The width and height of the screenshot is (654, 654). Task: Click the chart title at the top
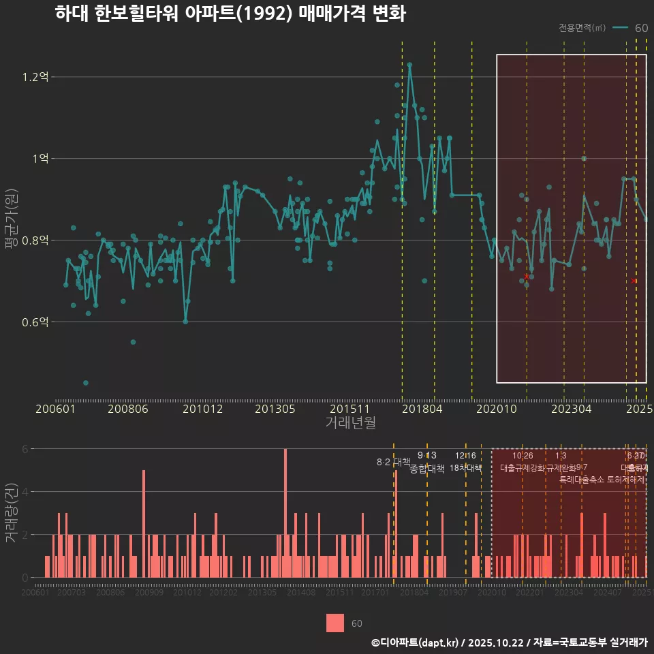(x=230, y=14)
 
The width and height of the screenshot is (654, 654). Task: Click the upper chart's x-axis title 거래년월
(x=350, y=423)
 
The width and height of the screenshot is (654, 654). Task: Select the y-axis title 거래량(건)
(x=12, y=512)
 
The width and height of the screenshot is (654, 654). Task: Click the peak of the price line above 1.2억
(x=409, y=64)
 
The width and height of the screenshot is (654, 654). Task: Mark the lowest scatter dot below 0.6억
(x=86, y=383)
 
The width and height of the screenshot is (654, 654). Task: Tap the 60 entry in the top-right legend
(x=641, y=28)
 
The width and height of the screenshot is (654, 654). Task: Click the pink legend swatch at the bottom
(x=335, y=623)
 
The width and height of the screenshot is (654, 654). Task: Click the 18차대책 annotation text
(x=466, y=468)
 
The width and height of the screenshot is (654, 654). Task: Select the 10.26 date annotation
(x=523, y=456)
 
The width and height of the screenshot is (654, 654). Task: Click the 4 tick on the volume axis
(x=25, y=491)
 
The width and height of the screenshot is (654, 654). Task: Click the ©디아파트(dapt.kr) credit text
(x=414, y=642)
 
